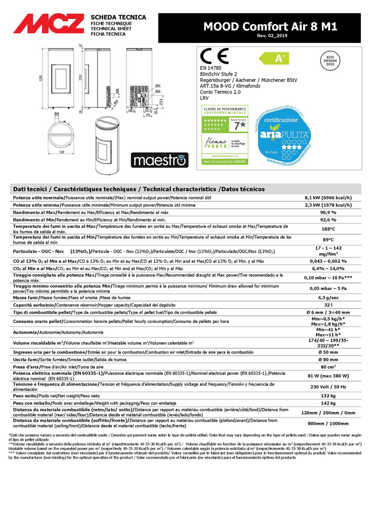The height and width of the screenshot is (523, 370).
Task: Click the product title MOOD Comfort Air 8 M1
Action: pos(270,27)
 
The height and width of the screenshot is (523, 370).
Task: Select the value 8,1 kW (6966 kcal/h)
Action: pos(328,197)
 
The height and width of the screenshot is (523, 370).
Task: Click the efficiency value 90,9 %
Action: pos(328,212)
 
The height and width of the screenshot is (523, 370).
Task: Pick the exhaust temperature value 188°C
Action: pos(328,228)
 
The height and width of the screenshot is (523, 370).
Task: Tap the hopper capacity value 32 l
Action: pos(328,304)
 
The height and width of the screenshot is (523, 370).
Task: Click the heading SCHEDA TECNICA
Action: pos(118,17)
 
